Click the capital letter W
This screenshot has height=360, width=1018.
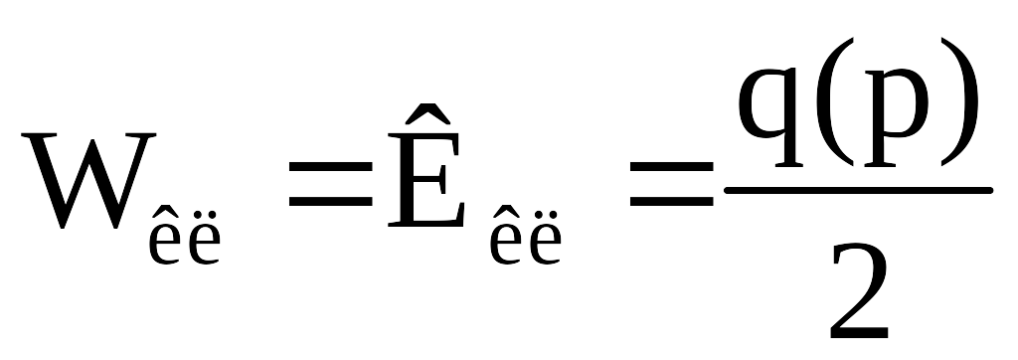88,181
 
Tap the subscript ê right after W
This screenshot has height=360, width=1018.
166,236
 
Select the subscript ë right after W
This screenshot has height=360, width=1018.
204,238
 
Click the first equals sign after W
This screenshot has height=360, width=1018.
330,184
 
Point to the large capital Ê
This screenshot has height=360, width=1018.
425,165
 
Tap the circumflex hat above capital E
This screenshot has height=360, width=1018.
427,113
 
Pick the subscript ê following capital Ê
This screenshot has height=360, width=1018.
506,236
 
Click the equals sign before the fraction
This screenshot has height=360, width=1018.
672,184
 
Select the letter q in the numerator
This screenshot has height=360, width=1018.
770,117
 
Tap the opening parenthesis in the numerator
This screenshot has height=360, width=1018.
834,102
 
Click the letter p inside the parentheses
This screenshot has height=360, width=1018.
896,117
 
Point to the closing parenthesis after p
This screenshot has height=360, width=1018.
959,102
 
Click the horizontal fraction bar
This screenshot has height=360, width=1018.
858,190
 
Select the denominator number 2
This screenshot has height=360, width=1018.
860,291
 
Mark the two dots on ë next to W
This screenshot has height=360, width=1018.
205,215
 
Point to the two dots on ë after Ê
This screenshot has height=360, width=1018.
545,215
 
